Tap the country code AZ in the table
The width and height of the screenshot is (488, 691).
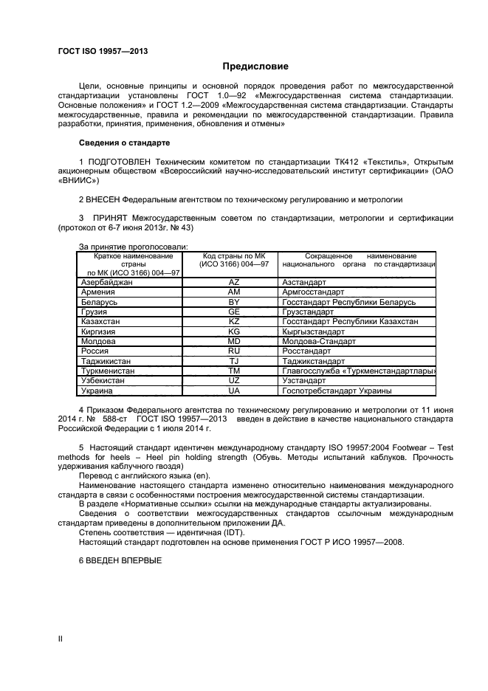tap(234, 283)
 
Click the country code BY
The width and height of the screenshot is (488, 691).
tap(234, 303)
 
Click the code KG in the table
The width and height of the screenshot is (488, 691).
tap(234, 331)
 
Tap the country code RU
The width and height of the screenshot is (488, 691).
tap(234, 351)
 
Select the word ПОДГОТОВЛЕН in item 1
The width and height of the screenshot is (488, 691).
tap(120, 162)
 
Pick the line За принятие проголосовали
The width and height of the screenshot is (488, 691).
tap(133, 247)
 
